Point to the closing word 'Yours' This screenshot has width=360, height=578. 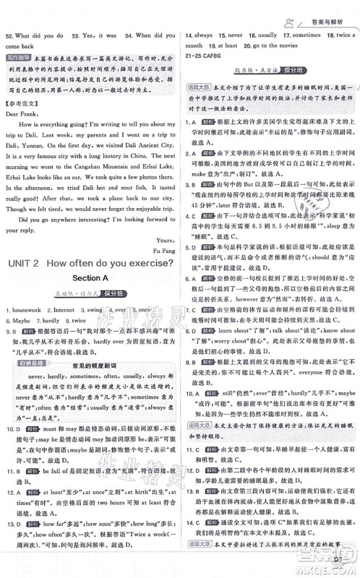[162, 235]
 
